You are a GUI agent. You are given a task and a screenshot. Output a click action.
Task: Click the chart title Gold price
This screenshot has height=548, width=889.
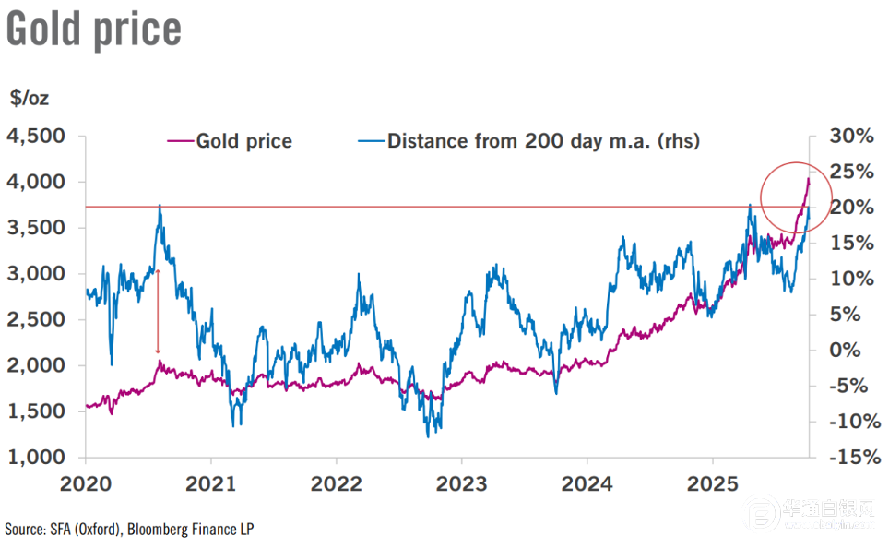pyautogui.click(x=93, y=30)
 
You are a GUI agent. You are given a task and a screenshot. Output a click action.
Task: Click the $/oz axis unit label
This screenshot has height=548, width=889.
pyautogui.click(x=30, y=97)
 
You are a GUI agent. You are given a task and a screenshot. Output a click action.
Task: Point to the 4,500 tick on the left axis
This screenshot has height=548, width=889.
pyautogui.click(x=36, y=136)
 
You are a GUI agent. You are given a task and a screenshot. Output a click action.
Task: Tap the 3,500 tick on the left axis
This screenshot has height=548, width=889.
pyautogui.click(x=36, y=228)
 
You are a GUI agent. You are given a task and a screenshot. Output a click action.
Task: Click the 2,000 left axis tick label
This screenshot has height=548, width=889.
pyautogui.click(x=36, y=365)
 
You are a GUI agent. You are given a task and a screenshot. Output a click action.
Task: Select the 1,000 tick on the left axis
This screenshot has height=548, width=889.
pyautogui.click(x=36, y=458)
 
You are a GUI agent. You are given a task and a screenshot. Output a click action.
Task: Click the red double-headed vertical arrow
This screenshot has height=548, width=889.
pyautogui.click(x=158, y=312)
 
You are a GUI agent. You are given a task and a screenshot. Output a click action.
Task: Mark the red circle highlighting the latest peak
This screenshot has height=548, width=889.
pyautogui.click(x=797, y=197)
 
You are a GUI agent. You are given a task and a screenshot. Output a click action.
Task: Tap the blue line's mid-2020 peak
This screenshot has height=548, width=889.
pyautogui.click(x=160, y=206)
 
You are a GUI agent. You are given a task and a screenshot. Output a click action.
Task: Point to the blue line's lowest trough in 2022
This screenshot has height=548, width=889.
pyautogui.click(x=428, y=435)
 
